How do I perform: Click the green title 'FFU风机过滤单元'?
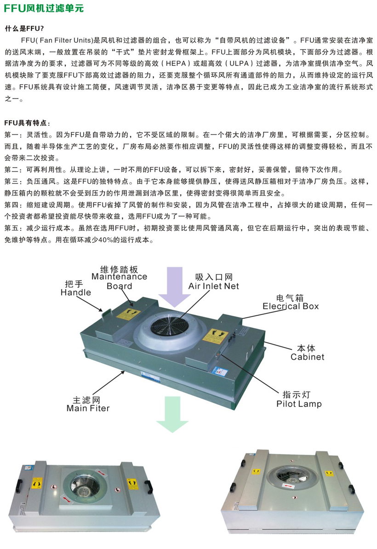[44, 8]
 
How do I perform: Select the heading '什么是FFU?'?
[24, 29]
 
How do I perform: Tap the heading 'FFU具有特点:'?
[27, 123]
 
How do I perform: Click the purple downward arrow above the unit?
[174, 287]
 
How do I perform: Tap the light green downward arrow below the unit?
[172, 414]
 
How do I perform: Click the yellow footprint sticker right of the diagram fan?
[215, 336]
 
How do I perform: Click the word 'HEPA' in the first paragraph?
[177, 63]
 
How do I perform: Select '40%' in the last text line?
[106, 240]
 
